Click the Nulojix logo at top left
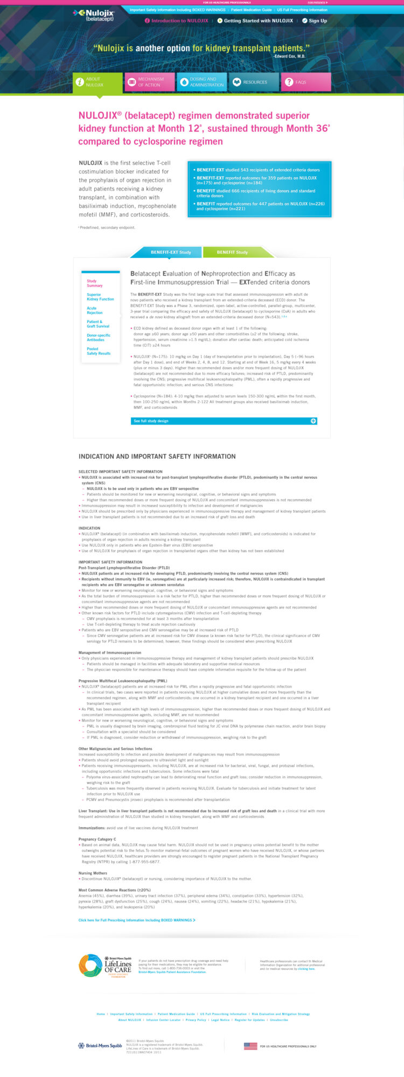(94, 15)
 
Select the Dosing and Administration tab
(201, 82)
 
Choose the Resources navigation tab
(254, 82)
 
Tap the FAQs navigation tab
(305, 82)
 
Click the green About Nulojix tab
(97, 82)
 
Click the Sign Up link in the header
(315, 21)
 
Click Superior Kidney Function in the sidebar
(100, 297)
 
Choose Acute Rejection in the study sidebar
(95, 310)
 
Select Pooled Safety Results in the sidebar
(99, 351)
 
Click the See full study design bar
(224, 421)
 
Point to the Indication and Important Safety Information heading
(157, 456)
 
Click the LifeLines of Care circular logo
(90, 966)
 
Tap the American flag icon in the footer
(250, 1046)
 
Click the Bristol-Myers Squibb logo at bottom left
(101, 1046)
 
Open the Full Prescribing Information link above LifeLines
(137, 920)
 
